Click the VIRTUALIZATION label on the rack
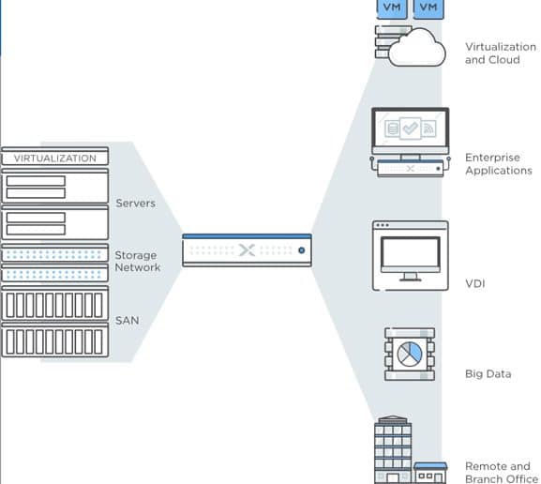coord(55,159)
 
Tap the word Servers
coord(136,203)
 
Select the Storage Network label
coord(137,261)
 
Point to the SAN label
coord(127,321)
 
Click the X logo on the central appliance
coord(247,250)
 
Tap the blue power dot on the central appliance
coord(302,250)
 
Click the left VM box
coord(392,8)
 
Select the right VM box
coord(428,8)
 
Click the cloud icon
coord(417,48)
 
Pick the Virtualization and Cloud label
coord(501,53)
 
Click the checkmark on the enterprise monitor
coord(411,129)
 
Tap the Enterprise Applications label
coord(499,163)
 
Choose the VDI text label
coord(475,284)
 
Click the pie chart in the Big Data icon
coord(410,355)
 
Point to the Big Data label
coord(488,374)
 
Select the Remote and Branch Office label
coord(502,472)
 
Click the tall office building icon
coord(393,449)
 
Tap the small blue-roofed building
coord(430,473)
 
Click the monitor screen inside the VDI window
coord(411,252)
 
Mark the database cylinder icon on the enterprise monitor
coord(392,129)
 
